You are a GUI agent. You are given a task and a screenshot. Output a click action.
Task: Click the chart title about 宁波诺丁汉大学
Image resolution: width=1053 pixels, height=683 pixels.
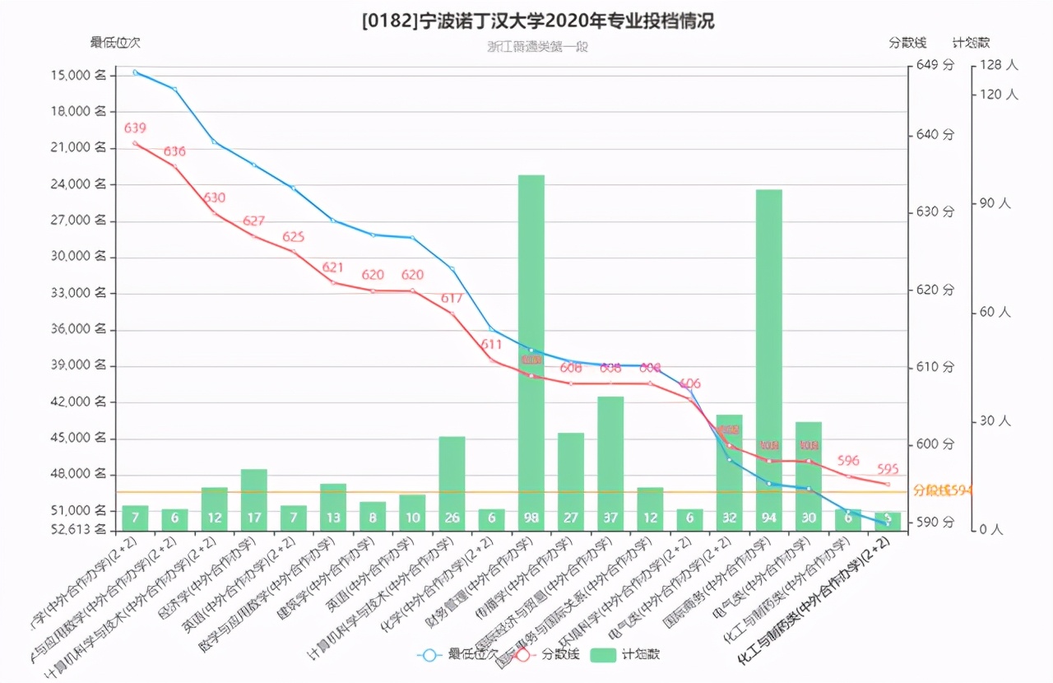pyautogui.click(x=538, y=21)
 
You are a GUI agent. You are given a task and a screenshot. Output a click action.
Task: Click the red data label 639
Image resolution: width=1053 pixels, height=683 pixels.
pyautogui.click(x=135, y=128)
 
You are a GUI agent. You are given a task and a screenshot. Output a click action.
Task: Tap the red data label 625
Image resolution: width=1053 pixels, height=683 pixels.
pyautogui.click(x=294, y=237)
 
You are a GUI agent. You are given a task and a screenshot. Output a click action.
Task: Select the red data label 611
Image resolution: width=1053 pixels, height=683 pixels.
pyautogui.click(x=491, y=344)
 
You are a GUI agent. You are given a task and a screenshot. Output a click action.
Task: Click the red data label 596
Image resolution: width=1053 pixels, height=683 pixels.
pyautogui.click(x=848, y=461)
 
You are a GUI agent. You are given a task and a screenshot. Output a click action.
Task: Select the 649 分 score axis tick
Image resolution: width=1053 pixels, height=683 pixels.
pyautogui.click(x=935, y=65)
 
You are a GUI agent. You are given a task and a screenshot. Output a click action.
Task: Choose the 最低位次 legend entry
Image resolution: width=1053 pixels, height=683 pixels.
pyautogui.click(x=458, y=655)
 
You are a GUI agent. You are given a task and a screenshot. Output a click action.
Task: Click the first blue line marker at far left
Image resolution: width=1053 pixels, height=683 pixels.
pyautogui.click(x=136, y=72)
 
